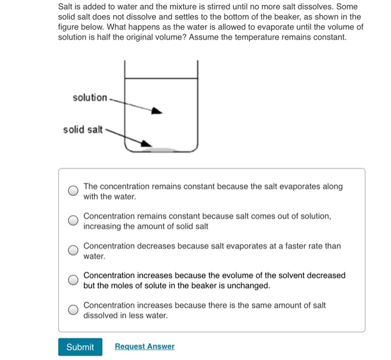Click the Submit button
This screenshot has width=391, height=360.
pyautogui.click(x=80, y=347)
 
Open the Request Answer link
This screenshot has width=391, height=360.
pyautogui.click(x=144, y=347)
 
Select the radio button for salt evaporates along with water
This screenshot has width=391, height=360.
pyautogui.click(x=73, y=191)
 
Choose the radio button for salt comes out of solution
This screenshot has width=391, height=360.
pyautogui.click(x=73, y=221)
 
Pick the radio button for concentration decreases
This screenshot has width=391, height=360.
pyautogui.click(x=73, y=251)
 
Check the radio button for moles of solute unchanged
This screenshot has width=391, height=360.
pyautogui.click(x=73, y=280)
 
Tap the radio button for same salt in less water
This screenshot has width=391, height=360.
pyautogui.click(x=73, y=310)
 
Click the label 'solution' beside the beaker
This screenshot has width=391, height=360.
pyautogui.click(x=89, y=98)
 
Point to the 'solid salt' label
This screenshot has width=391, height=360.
pyautogui.click(x=83, y=130)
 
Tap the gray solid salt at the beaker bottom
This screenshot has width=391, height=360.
pyautogui.click(x=160, y=150)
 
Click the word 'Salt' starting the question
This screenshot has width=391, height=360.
pyautogui.click(x=67, y=6)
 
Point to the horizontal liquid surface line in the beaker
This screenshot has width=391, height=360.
pyautogui.click(x=161, y=78)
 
